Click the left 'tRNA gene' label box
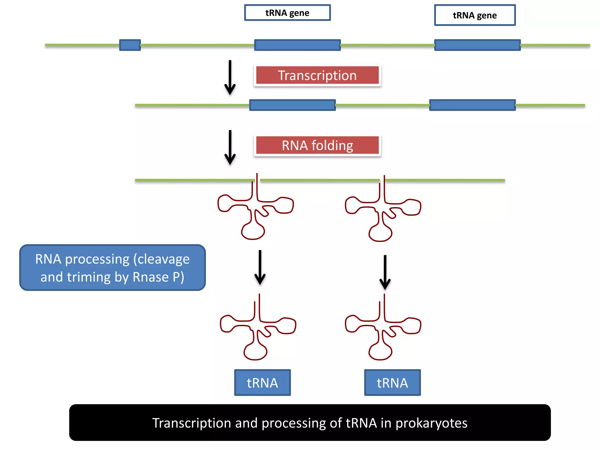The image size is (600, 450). [x=287, y=13]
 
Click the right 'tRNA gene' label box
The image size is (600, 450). [x=475, y=15]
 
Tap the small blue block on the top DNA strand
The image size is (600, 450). [x=130, y=45]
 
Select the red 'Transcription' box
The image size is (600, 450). [x=317, y=75]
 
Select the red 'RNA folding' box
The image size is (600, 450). [x=317, y=145]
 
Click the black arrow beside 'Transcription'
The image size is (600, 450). [x=230, y=78]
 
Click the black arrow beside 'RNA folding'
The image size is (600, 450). [x=230, y=147]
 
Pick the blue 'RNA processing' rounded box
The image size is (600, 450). [x=112, y=267]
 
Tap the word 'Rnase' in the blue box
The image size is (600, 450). [x=151, y=277]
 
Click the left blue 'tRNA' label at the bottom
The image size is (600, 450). [x=262, y=383]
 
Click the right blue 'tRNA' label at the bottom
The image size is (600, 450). [x=392, y=383]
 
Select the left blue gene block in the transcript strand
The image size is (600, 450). [x=292, y=105]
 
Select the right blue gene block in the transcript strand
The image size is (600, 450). [x=472, y=105]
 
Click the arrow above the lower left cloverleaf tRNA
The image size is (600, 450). [x=260, y=267]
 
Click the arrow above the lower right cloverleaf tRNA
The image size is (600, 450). [x=385, y=272]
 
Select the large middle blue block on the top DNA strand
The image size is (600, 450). [x=297, y=45]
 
